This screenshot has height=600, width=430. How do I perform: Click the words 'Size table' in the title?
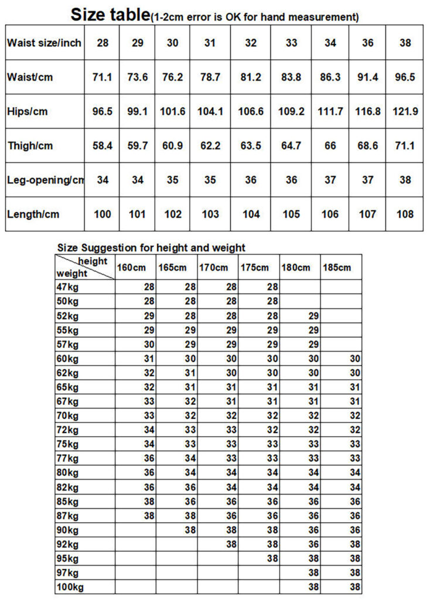click(x=110, y=14)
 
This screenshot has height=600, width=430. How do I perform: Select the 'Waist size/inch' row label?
click(x=44, y=43)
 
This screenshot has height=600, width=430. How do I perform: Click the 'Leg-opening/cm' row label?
click(x=45, y=180)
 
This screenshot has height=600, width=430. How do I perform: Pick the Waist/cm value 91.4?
click(x=367, y=77)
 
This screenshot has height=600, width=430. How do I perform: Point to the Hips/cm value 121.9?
click(x=405, y=111)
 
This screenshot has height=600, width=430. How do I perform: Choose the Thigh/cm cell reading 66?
click(x=330, y=145)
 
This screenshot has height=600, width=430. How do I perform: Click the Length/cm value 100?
click(x=102, y=214)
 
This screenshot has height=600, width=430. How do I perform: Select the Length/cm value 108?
click(x=405, y=214)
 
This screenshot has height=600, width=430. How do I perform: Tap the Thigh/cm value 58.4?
click(x=102, y=145)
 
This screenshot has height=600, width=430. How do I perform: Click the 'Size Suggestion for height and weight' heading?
click(x=151, y=248)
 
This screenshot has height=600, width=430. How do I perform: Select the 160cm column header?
click(x=131, y=268)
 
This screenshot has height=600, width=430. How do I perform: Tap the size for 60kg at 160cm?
click(x=149, y=359)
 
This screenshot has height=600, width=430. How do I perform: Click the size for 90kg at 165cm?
click(x=190, y=530)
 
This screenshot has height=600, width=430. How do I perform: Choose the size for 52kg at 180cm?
click(x=313, y=316)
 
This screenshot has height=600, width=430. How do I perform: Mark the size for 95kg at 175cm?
click(x=272, y=558)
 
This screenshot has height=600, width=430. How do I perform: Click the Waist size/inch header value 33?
click(x=291, y=43)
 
